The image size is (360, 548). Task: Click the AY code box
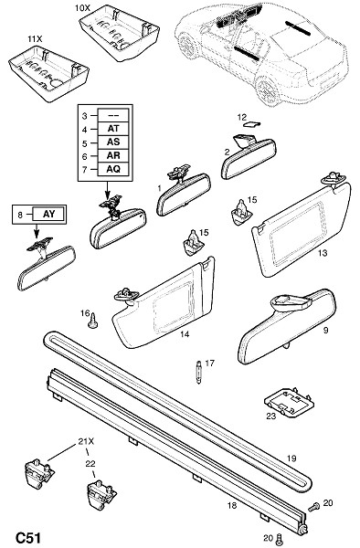(48, 214)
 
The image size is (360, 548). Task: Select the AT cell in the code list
(113, 129)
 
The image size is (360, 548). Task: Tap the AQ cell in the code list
(113, 169)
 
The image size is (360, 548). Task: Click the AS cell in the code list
(113, 142)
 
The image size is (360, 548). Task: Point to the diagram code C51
(28, 538)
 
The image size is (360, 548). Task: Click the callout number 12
(241, 118)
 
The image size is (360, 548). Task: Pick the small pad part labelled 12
(253, 124)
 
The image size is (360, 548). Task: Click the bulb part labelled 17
(199, 372)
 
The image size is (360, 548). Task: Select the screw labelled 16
(92, 321)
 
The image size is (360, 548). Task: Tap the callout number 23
(271, 416)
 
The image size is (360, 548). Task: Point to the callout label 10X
(82, 7)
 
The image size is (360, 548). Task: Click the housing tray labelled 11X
(48, 74)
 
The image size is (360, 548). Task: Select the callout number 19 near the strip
(291, 458)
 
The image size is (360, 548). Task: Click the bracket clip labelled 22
(101, 494)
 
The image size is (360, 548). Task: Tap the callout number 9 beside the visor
(326, 330)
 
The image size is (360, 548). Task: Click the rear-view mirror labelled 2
(249, 156)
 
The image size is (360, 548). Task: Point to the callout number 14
(185, 334)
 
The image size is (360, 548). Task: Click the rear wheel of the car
(268, 90)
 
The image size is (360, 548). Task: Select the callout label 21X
(86, 442)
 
